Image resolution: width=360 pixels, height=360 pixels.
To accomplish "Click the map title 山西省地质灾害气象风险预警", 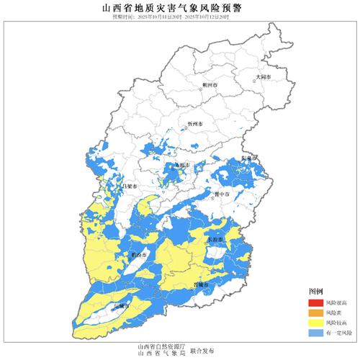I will point(180,6).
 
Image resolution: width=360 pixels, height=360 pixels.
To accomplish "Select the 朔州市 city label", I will point(210,85).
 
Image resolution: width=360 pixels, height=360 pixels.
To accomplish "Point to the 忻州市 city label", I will point(194,125).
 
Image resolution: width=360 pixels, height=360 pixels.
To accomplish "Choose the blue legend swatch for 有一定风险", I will point(315,335).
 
